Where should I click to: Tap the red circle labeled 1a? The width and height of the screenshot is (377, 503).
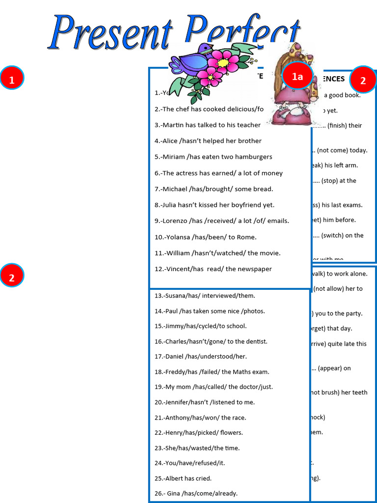tap(297, 76)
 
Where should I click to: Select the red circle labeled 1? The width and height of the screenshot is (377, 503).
tap(12, 78)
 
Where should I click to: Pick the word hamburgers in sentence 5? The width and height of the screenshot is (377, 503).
tap(249, 157)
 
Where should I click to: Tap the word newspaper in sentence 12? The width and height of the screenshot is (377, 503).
tap(253, 269)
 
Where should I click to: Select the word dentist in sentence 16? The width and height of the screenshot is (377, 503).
tap(256, 341)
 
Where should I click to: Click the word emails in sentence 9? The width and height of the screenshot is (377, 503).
tap(278, 221)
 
